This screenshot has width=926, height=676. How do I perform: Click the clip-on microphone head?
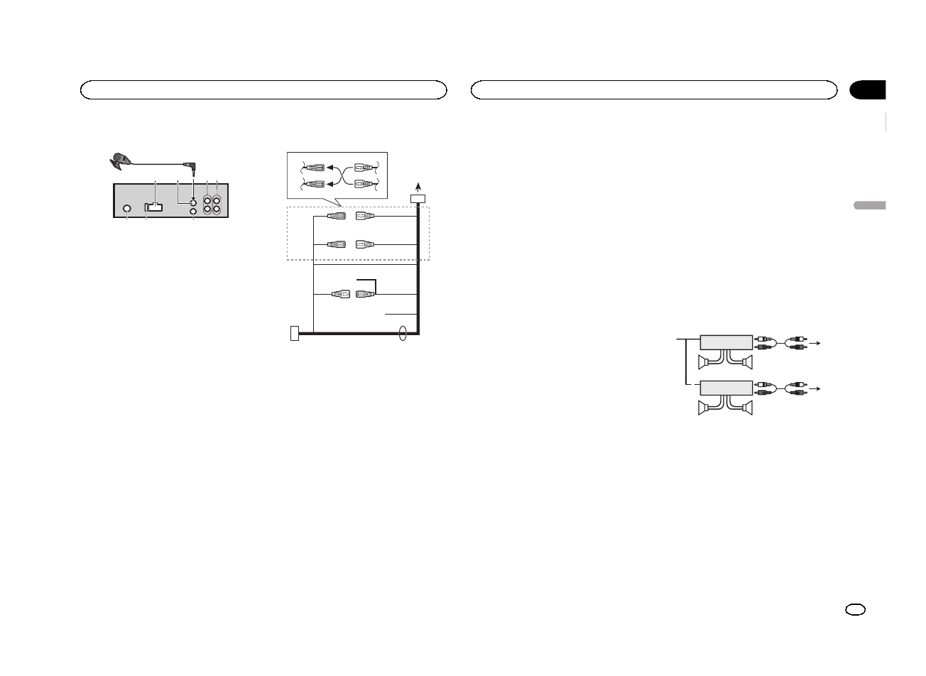pos(121,160)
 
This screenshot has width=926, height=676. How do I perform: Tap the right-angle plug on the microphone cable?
pos(190,168)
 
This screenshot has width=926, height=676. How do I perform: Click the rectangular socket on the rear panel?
pos(153,207)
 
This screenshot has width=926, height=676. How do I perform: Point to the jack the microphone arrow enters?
pos(193,202)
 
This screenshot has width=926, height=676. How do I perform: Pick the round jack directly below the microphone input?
pos(193,211)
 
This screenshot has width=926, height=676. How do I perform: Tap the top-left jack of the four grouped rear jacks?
pos(207,200)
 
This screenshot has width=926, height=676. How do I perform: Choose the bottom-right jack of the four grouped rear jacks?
pos(217,210)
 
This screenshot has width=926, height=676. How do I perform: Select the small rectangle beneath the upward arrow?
pos(418,199)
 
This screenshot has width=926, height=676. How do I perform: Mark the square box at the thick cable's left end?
pos(295,332)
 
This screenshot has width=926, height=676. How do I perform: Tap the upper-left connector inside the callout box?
pos(314,168)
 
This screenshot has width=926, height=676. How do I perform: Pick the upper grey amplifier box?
pos(726,342)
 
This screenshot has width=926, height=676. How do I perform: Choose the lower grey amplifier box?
pos(726,388)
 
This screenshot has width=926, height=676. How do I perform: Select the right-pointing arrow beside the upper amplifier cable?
pos(818,343)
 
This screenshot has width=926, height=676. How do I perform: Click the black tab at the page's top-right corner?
pos(868,90)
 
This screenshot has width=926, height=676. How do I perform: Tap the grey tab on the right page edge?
pos(868,205)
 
